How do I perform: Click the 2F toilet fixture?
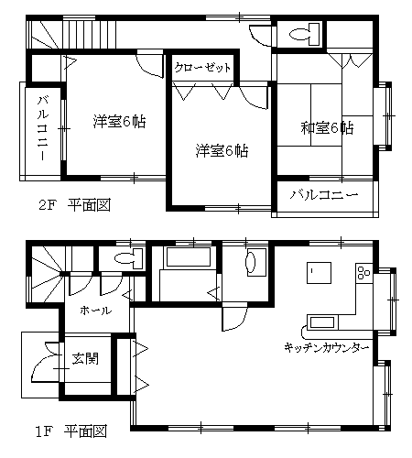pyautogui.click(x=304, y=34)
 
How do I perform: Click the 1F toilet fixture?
pyautogui.click(x=129, y=258)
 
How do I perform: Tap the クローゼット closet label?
pyautogui.click(x=202, y=67)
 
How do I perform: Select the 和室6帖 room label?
pyautogui.click(x=327, y=128)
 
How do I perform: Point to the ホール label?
pyautogui.click(x=95, y=311)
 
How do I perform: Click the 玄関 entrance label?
pyautogui.click(x=85, y=359)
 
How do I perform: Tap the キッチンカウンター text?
pyautogui.click(x=327, y=347)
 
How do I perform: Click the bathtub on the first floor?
pyautogui.click(x=188, y=256)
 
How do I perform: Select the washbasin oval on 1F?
pyautogui.click(x=252, y=261)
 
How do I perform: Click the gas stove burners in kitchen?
pyautogui.click(x=363, y=273)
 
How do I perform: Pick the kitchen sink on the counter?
pyautogui.click(x=322, y=322)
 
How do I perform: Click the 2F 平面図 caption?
pyautogui.click(x=74, y=205)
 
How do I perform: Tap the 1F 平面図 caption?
pyautogui.click(x=71, y=431)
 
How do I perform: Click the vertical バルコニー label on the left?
pyautogui.click(x=43, y=128)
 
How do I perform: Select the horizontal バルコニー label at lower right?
pyautogui.click(x=324, y=195)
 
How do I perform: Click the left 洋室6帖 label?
pyautogui.click(x=120, y=122)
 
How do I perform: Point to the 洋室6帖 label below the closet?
pyautogui.click(x=222, y=151)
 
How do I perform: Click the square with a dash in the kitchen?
pyautogui.click(x=319, y=273)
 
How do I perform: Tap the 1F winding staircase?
pyautogui.click(x=47, y=274)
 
